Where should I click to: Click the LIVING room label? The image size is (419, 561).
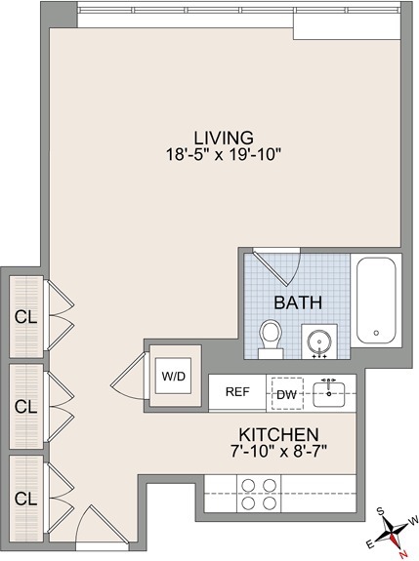coord(224,138)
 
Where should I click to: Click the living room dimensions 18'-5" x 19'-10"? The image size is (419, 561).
coord(222,155)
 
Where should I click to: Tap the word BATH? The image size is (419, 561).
coord(298,302)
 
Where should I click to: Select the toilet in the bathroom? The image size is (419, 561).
coord(271,339)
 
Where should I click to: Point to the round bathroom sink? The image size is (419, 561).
coord(319,341)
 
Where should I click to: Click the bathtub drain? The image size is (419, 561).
coord(376,333)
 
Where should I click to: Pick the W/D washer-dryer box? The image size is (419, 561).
coord(173,376)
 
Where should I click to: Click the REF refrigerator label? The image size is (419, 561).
coord(237,392)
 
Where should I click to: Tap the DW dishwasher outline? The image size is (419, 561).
coord(287,393)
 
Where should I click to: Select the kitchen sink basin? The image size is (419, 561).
coord(329,394)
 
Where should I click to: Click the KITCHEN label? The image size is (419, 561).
coord(278,435)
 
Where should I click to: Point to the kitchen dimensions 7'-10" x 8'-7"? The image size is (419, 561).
coord(279,452)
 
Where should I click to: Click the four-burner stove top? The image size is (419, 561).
coord(259,494)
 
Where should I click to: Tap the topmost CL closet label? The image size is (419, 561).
coord(25,317)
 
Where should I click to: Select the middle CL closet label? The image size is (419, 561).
coord(25,406)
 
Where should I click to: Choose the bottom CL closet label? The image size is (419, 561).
coord(25,499)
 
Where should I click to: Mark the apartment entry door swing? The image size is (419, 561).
coord(103,523)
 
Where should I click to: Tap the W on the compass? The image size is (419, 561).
coord(413,519)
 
